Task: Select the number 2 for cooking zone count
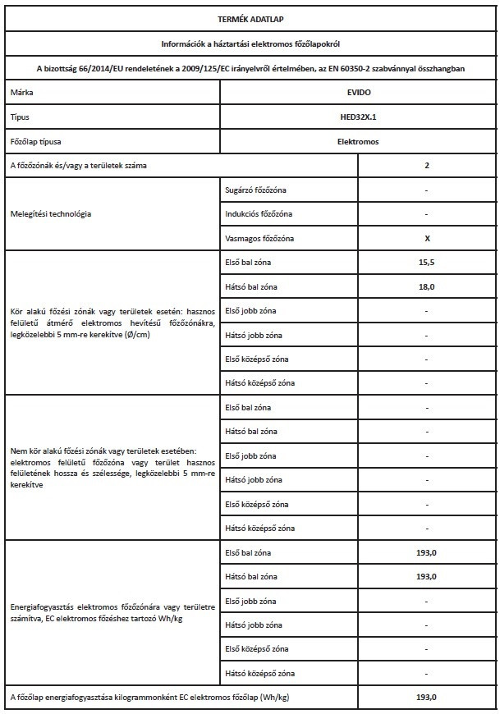click(427, 166)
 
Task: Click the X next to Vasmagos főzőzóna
click(427, 238)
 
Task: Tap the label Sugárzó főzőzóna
click(255, 190)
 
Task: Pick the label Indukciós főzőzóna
click(257, 214)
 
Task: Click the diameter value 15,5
click(427, 263)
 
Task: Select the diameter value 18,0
click(427, 286)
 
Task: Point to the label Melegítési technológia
click(51, 214)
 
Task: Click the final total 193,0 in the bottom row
click(427, 697)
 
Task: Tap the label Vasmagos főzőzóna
click(258, 238)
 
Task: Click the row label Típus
click(20, 117)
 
